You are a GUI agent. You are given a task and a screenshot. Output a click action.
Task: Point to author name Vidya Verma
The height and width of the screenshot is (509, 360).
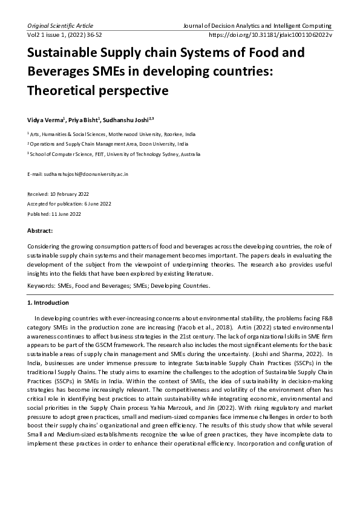pos(45,120)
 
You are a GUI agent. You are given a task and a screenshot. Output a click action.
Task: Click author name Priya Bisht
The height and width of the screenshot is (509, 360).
pos(84,120)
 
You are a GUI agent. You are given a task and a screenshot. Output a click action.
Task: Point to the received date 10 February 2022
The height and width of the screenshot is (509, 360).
pos(68,194)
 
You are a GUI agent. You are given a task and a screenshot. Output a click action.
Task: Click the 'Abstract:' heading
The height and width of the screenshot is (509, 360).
pos(41,231)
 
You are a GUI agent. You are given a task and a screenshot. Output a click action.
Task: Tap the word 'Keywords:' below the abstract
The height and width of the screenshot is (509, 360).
pos(41,284)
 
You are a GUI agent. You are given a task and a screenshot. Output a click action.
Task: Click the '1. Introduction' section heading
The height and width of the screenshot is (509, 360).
pos(48,302)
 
